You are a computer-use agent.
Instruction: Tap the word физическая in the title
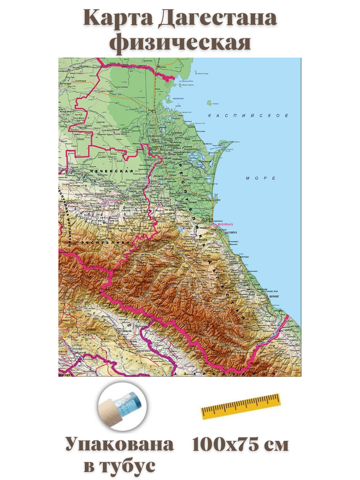coord(180,43)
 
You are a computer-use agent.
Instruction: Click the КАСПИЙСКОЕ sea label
coord(248,116)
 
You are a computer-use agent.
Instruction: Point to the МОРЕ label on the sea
coord(261,178)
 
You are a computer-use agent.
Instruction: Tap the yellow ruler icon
coord(240,406)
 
